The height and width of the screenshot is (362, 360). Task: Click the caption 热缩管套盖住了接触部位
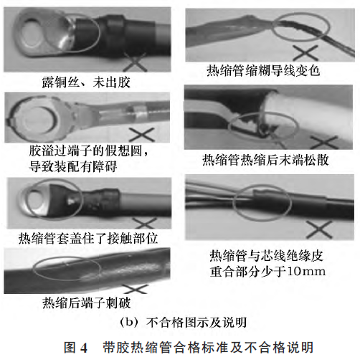point(84,234)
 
